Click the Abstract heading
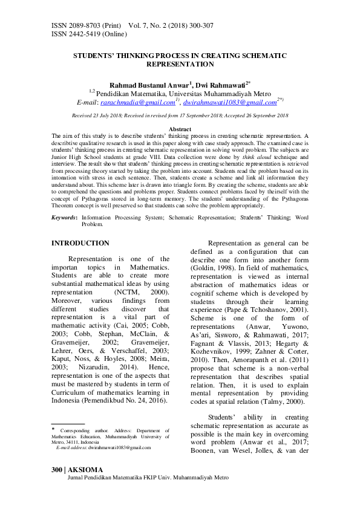(x=180, y=129)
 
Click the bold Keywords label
(x=64, y=216)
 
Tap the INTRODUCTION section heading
(x=80, y=244)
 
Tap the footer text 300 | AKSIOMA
(x=77, y=470)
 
